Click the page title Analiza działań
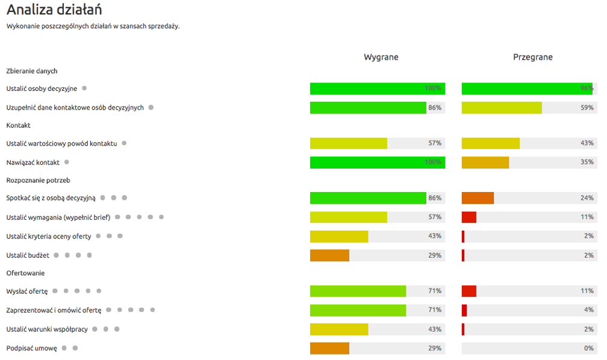tap(54, 10)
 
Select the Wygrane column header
tap(381, 57)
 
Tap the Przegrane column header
tap(532, 57)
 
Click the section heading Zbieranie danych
tap(32, 71)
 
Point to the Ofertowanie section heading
tap(25, 273)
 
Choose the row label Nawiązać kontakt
tap(33, 163)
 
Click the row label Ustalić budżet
tap(28, 255)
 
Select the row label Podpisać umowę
tap(32, 348)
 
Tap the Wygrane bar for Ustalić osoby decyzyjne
tap(377, 88)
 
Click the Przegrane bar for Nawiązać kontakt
tap(485, 163)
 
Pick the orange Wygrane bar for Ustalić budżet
tap(329, 255)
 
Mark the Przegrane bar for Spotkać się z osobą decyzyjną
tap(478, 198)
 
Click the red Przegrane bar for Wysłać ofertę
tap(469, 291)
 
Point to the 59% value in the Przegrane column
tap(587, 108)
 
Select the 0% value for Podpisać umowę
tap(588, 348)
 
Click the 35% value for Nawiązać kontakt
tap(587, 163)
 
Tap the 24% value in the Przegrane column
tap(587, 198)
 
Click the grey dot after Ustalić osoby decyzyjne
tap(84, 88)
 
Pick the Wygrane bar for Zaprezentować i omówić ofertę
tap(358, 310)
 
